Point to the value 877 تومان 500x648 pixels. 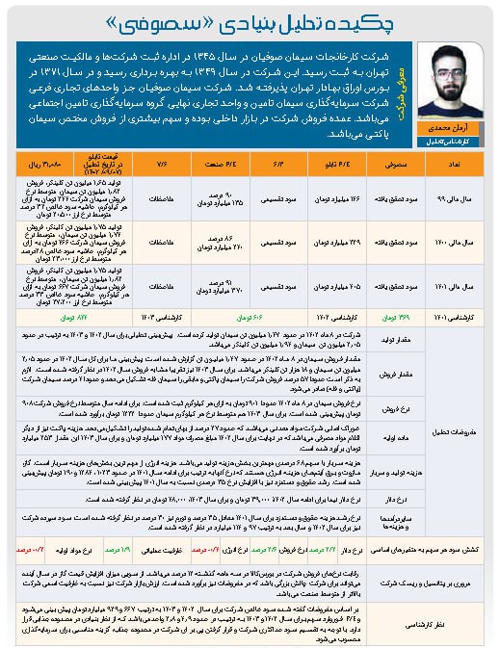tap(53, 315)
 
